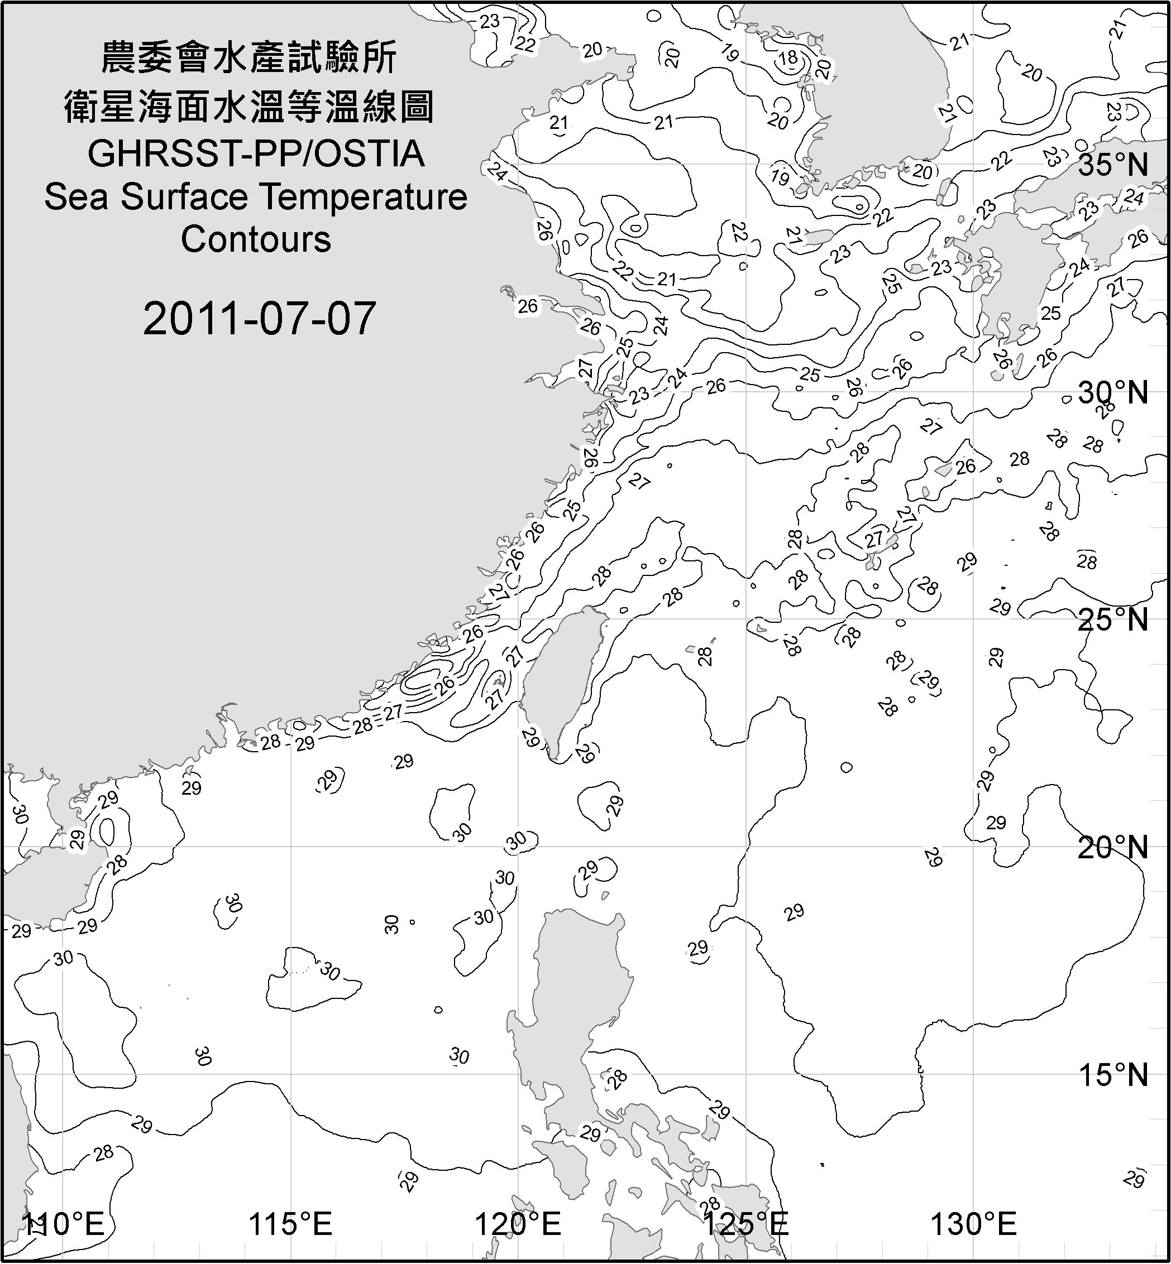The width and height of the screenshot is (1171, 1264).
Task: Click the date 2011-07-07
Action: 259,319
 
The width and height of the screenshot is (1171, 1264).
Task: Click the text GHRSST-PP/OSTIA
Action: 256,154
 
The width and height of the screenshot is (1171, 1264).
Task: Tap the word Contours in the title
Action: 256,239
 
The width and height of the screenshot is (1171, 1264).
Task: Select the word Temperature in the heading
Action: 364,196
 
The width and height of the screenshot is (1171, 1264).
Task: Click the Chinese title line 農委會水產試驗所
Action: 249,58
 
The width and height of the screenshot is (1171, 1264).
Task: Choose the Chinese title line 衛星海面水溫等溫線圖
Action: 249,107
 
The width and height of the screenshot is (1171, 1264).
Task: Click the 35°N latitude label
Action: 1113,165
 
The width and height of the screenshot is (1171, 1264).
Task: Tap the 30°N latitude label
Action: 1113,393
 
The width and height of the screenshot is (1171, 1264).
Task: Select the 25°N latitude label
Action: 1113,620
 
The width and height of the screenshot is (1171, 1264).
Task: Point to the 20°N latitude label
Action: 1113,848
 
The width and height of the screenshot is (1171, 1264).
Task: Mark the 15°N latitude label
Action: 1113,1075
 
